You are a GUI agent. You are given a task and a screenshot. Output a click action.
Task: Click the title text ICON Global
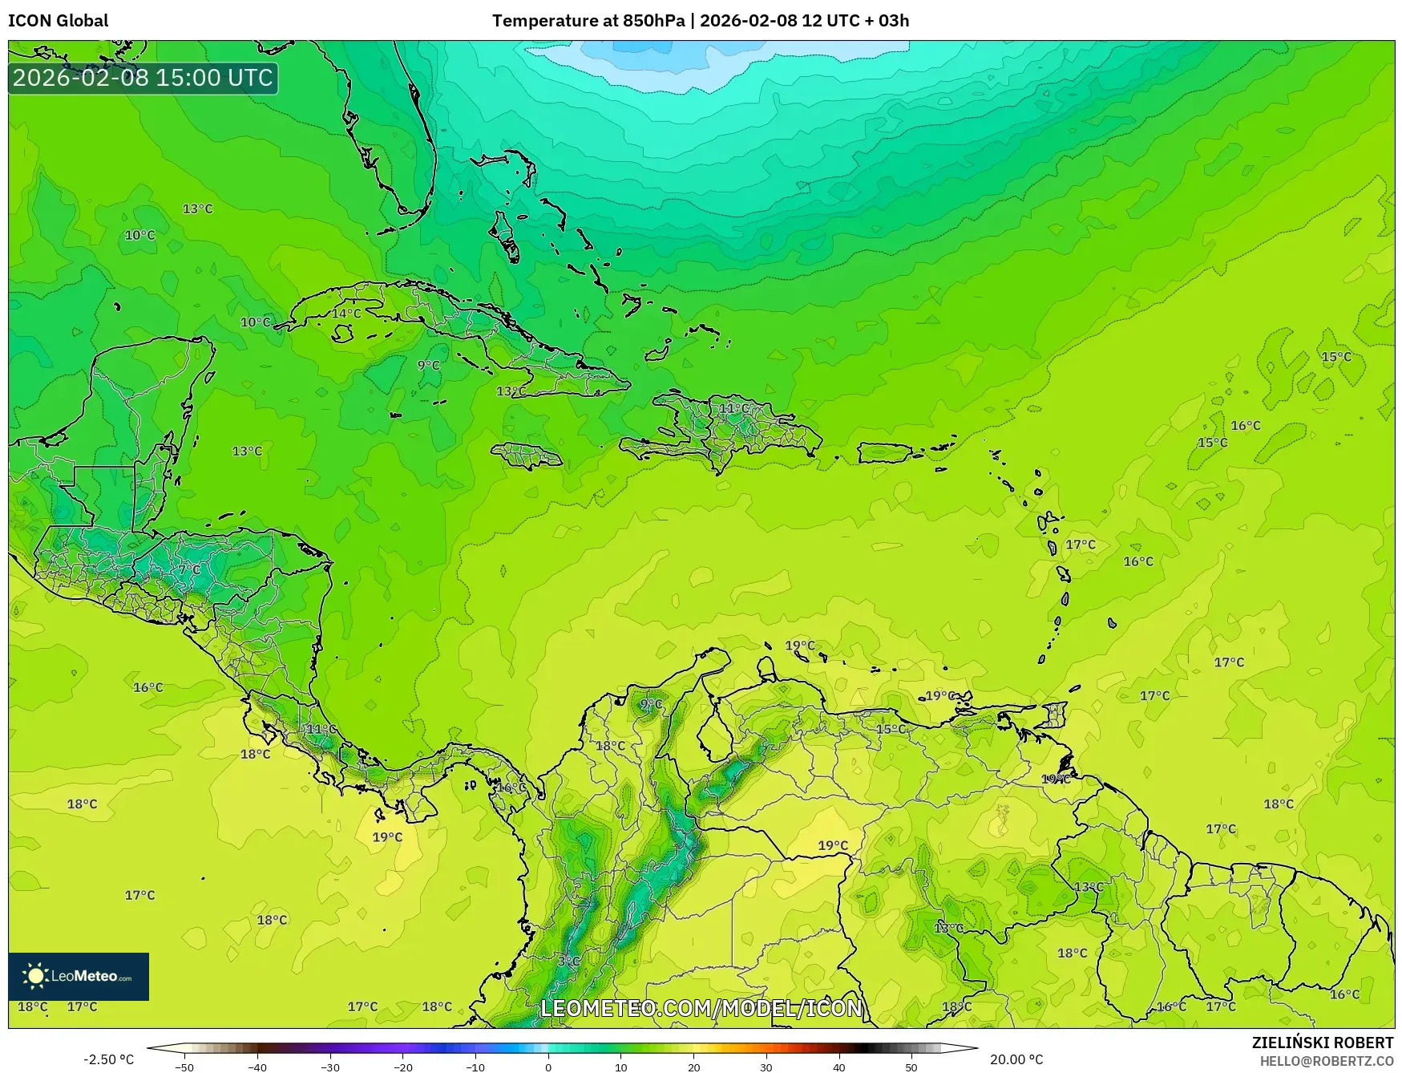click(x=58, y=21)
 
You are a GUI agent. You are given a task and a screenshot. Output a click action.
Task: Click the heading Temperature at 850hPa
click(x=588, y=21)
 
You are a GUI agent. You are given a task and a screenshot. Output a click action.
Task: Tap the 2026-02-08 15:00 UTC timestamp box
click(x=143, y=78)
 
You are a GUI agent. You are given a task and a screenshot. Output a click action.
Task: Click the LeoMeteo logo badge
click(x=79, y=976)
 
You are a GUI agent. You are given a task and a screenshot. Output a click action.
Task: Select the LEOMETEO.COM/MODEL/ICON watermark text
click(x=701, y=1008)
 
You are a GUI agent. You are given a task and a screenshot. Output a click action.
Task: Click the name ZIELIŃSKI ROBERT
click(x=1323, y=1043)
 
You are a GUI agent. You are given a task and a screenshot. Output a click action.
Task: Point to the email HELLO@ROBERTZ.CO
click(x=1327, y=1061)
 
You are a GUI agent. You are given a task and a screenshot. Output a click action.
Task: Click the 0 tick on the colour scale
click(x=548, y=1067)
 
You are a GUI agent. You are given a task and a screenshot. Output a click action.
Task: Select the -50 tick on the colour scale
click(x=184, y=1067)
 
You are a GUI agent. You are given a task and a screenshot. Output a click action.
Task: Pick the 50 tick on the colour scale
click(x=911, y=1067)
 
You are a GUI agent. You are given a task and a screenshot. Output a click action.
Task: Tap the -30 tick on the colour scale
click(x=330, y=1067)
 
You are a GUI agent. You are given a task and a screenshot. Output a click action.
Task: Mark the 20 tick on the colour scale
click(x=693, y=1067)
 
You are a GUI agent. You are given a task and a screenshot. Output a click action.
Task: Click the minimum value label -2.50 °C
click(x=109, y=1059)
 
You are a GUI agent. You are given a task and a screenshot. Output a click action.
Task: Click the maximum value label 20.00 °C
click(x=1016, y=1059)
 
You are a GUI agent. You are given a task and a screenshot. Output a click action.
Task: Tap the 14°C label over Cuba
click(x=346, y=314)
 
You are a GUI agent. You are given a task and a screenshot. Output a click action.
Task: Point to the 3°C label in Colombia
click(x=568, y=961)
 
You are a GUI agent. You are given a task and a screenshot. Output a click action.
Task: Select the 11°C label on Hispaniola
click(x=733, y=409)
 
